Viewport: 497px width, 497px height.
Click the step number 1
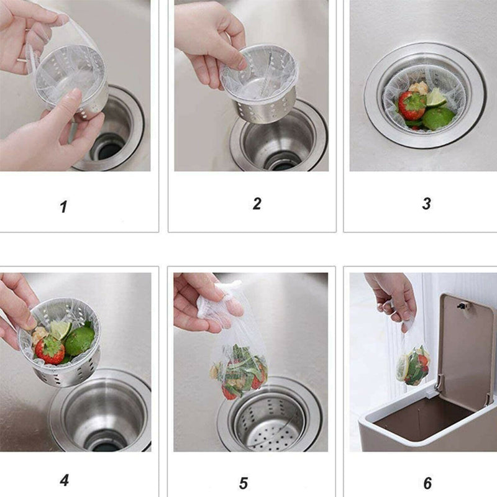point(63,206)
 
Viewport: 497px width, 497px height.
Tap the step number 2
point(257,203)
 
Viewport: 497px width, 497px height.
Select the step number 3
point(426,203)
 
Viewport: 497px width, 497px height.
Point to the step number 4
point(64,480)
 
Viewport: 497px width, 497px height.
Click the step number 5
point(243,482)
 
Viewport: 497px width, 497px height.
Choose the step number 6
point(427,482)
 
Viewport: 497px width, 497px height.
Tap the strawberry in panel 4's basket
point(50,350)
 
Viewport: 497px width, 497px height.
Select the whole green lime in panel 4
point(80,340)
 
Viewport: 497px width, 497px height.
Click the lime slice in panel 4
point(60,329)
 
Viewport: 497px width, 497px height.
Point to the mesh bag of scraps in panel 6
point(413,365)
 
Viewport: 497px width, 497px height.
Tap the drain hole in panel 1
point(107,149)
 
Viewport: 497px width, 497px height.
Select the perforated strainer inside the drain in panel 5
point(270,422)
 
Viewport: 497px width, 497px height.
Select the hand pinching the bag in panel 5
point(199,301)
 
